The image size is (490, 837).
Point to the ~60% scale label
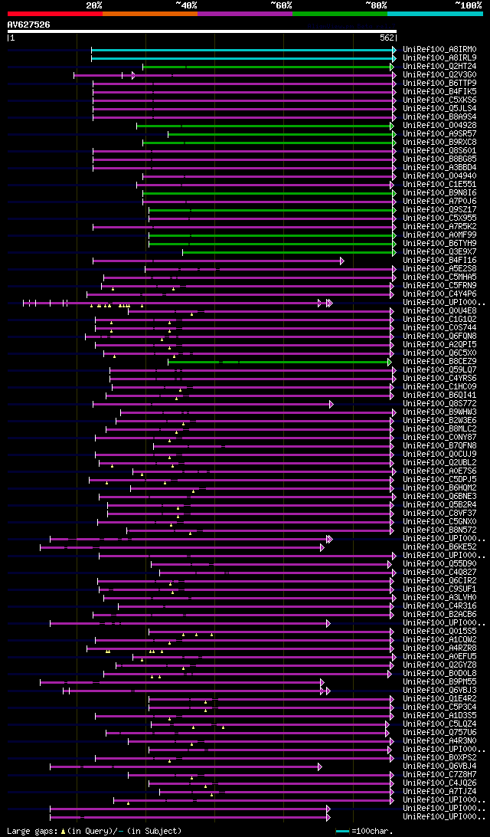pos(281,5)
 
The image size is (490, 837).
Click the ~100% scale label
pos(468,5)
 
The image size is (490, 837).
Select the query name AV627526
pos(29,25)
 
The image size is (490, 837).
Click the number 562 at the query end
pos(387,37)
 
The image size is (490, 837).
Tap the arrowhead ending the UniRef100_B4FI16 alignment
pos(342,261)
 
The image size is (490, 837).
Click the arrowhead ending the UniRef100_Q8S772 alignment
pos(332,404)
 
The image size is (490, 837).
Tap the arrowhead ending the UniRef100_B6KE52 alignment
pos(322,547)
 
